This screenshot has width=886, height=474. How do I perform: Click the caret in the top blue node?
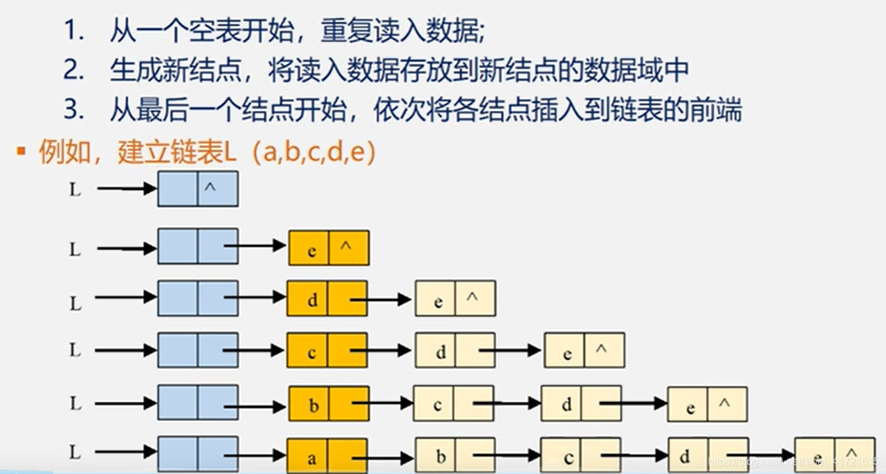point(210,188)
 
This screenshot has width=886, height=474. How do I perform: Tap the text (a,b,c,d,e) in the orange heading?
point(319,152)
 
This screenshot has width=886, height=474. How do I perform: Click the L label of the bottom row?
point(76,452)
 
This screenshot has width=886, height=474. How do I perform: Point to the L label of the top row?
point(76,189)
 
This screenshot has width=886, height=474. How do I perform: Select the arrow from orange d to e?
point(381,300)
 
